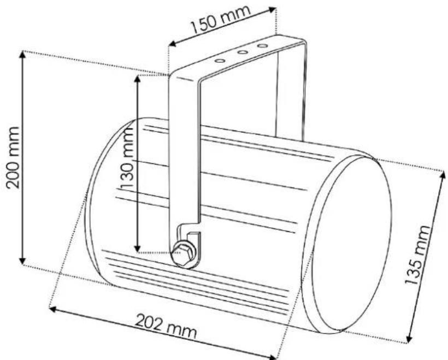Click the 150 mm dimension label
221,19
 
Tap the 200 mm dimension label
14,158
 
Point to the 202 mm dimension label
166,326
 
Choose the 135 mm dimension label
417,255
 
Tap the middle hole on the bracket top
243,52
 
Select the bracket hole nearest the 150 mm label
262,46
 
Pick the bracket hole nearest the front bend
220,61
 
